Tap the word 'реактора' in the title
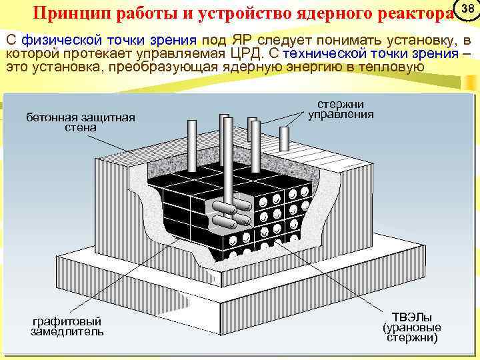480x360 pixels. pyautogui.click(x=412, y=14)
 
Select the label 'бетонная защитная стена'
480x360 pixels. pyautogui.click(x=80, y=122)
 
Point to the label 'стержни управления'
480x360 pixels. pyautogui.click(x=341, y=109)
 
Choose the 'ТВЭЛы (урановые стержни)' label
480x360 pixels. pyautogui.click(x=411, y=327)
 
